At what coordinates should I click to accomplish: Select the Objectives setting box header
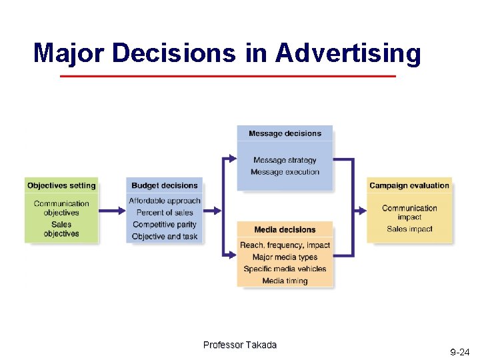pyautogui.click(x=61, y=185)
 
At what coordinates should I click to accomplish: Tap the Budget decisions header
pyautogui.click(x=165, y=185)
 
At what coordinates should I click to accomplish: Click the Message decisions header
pyautogui.click(x=285, y=133)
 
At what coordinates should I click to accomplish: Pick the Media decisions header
pyautogui.click(x=285, y=230)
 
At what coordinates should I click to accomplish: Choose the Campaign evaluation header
pyautogui.click(x=409, y=185)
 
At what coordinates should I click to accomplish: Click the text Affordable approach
pyautogui.click(x=165, y=201)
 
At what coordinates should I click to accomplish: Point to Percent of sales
pyautogui.click(x=165, y=213)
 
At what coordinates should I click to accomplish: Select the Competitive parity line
pyautogui.click(x=165, y=225)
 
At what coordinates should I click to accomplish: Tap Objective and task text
pyautogui.click(x=165, y=237)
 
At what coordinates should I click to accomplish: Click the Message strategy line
pyautogui.click(x=285, y=160)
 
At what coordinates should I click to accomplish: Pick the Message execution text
pyautogui.click(x=285, y=172)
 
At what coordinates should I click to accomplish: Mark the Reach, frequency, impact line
pyautogui.click(x=285, y=245)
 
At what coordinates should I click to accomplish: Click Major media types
pyautogui.click(x=285, y=257)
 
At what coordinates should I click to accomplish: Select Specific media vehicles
pyautogui.click(x=285, y=269)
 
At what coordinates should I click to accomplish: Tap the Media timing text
pyautogui.click(x=285, y=281)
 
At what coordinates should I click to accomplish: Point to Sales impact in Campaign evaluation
pyautogui.click(x=409, y=229)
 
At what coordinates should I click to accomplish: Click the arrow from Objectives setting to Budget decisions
pyautogui.click(x=112, y=211)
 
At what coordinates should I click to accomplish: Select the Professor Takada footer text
pyautogui.click(x=240, y=345)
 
